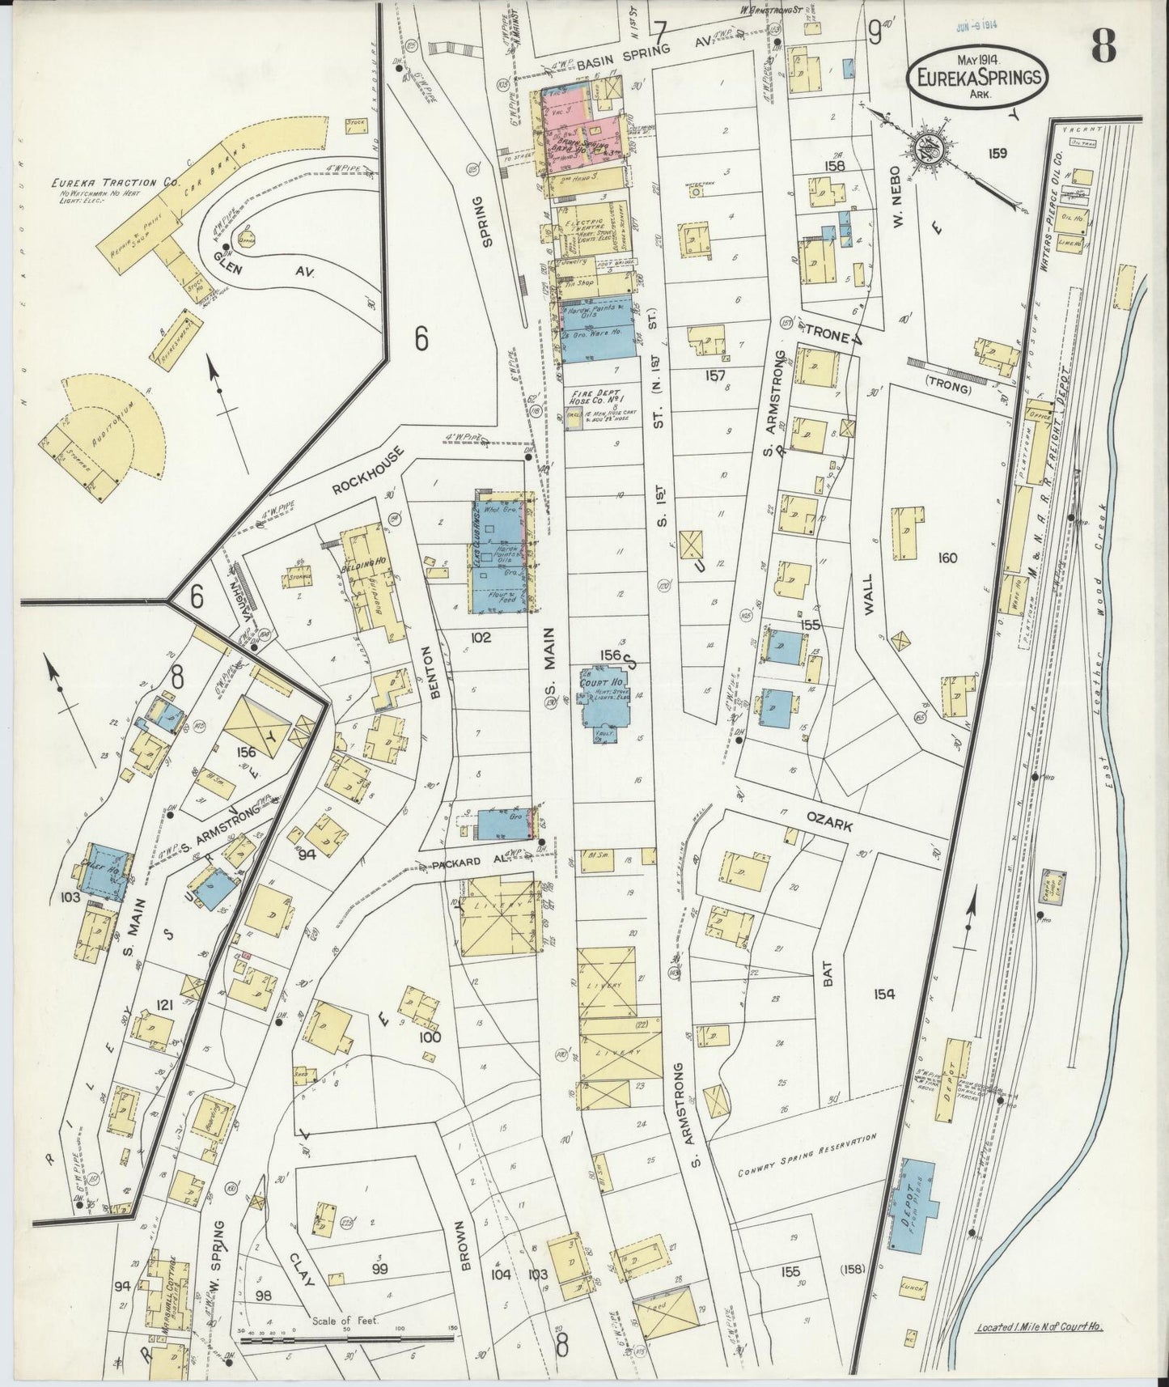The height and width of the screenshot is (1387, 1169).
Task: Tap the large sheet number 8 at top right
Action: (1103, 49)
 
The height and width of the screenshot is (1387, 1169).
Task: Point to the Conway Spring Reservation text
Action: (807, 1150)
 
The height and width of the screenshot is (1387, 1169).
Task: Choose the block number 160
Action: (947, 558)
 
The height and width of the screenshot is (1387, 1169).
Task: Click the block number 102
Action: (481, 638)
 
